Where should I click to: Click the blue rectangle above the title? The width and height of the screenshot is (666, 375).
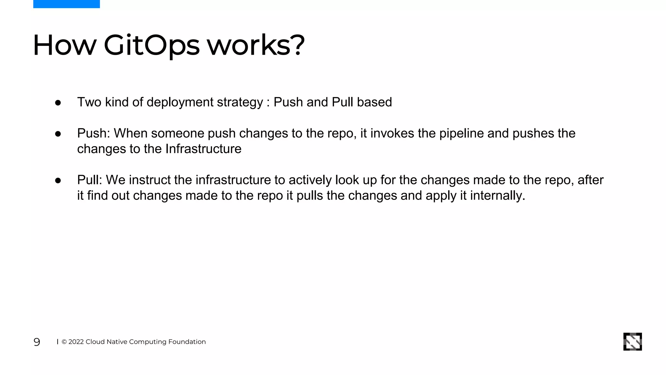tap(66, 4)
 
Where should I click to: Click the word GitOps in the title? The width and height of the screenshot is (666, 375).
tap(152, 45)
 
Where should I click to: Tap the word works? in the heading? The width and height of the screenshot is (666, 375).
tap(256, 45)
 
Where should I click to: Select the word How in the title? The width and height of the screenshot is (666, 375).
tap(65, 45)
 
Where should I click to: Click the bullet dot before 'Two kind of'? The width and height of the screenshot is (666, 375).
tap(58, 103)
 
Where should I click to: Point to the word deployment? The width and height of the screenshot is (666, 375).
tap(180, 102)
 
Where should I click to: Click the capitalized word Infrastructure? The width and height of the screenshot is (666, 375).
tap(203, 149)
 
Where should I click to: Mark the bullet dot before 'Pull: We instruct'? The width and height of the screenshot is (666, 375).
tap(58, 181)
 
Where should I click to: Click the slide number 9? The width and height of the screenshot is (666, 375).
tap(37, 342)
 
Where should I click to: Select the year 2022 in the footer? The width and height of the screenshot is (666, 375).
tap(76, 342)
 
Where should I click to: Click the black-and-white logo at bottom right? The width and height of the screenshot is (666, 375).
tap(633, 341)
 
